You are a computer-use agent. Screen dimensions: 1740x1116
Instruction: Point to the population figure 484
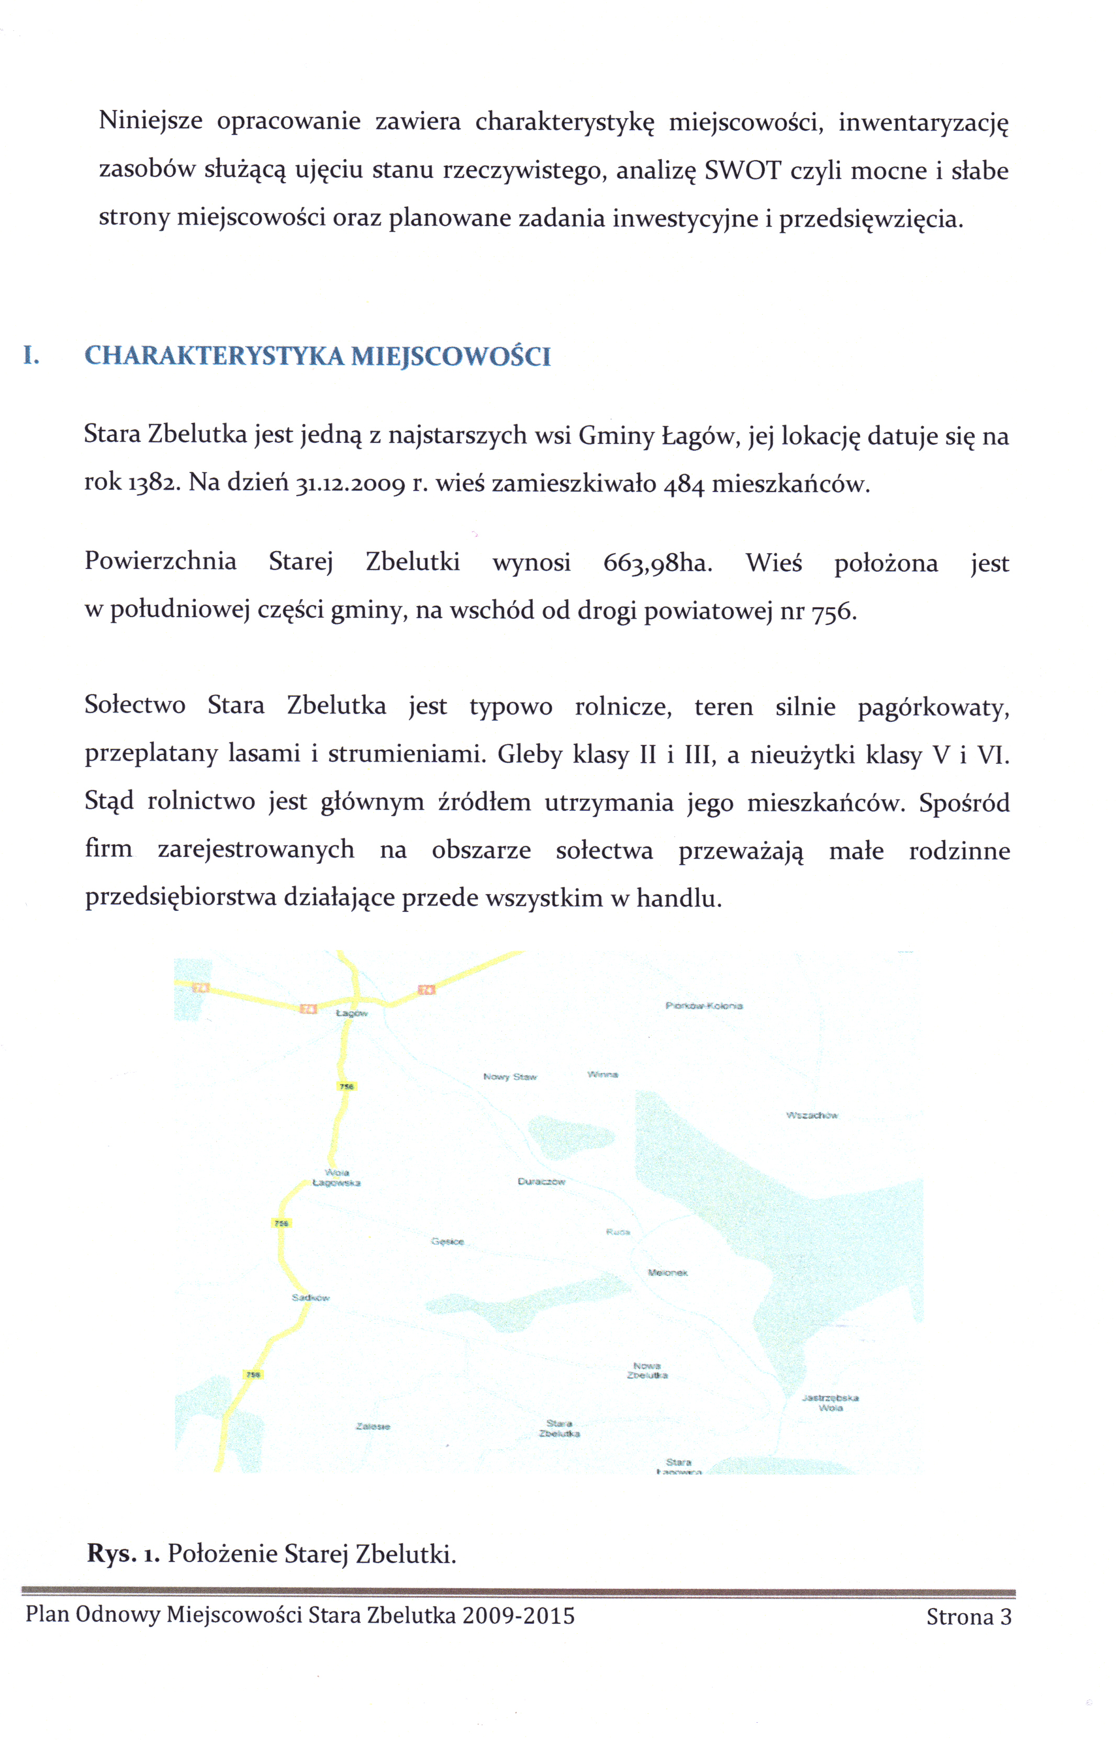coord(684,485)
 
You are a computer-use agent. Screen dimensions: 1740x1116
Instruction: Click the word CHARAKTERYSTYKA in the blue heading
coord(215,356)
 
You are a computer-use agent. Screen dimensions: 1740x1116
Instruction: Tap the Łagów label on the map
coord(352,1013)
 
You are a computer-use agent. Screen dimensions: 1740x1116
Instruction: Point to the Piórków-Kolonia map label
coord(704,1006)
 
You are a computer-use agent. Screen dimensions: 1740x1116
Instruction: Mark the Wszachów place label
coord(812,1116)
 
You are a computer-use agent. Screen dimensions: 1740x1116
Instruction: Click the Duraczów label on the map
coord(541,1181)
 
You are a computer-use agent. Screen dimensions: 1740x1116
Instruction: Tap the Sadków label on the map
coord(311,1297)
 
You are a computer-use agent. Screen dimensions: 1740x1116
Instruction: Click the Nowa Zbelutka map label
coord(647,1370)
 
